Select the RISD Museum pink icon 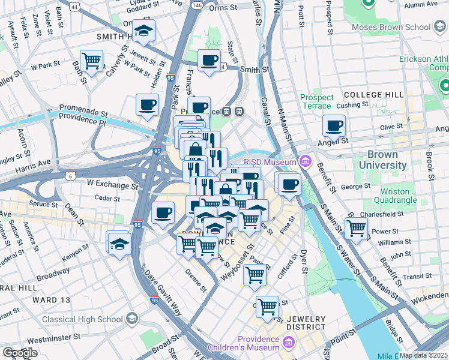(x=305, y=161)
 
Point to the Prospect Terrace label (x=316, y=101)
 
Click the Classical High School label (x=83, y=319)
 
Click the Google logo (x=20, y=353)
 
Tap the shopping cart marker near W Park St (x=92, y=60)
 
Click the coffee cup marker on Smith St (x=209, y=60)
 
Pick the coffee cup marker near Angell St (x=334, y=125)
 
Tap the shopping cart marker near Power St (x=357, y=228)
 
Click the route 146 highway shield (x=197, y=4)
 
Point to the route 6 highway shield (x=71, y=175)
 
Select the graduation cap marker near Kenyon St (x=119, y=244)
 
